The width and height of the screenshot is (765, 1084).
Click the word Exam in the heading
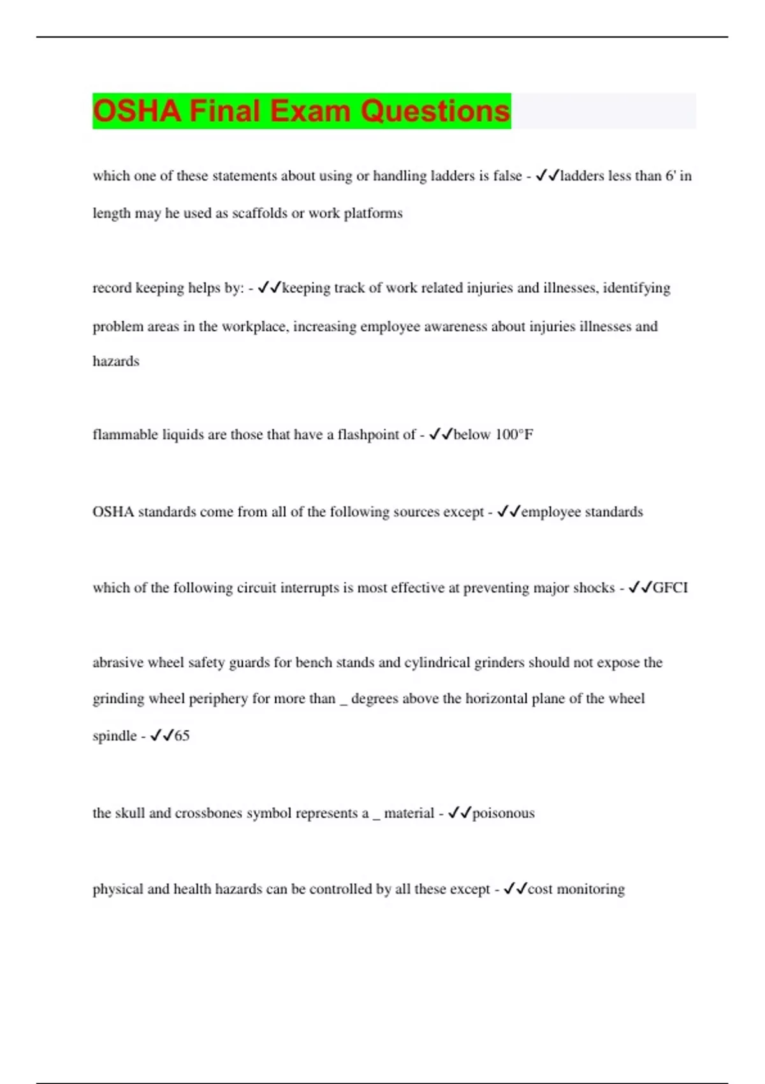(310, 111)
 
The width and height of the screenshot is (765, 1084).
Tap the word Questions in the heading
(435, 111)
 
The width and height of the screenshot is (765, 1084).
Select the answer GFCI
(670, 588)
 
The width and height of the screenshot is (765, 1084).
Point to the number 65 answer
(182, 736)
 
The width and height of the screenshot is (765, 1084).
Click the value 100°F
(514, 435)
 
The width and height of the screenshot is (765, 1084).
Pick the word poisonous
(503, 813)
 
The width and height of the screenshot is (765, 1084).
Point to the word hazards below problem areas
(115, 362)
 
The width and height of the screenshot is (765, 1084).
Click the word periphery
(218, 699)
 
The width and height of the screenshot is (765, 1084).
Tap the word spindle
(114, 736)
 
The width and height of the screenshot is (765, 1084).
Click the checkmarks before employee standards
(509, 512)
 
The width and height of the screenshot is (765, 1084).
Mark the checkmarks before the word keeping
(269, 288)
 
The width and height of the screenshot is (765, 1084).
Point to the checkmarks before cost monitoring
(515, 889)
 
